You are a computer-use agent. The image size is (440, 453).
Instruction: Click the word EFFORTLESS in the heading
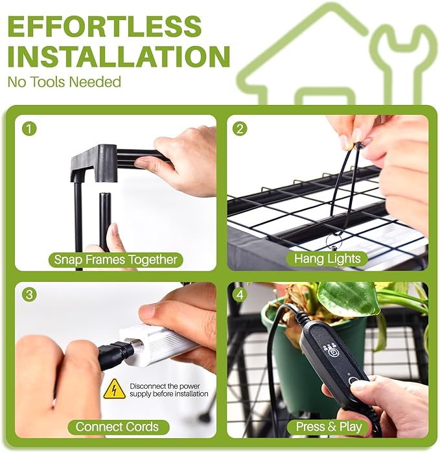[104, 26]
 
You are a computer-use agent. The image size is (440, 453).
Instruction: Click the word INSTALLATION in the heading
[119, 56]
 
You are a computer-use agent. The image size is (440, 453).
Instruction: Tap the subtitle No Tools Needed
[64, 82]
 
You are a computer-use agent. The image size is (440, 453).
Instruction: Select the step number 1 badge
[29, 128]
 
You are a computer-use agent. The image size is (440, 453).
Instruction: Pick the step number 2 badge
[240, 128]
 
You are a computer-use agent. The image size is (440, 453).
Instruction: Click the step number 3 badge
[29, 295]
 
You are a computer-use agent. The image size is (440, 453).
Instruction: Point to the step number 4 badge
[240, 295]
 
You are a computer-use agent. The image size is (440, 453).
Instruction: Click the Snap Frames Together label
[115, 259]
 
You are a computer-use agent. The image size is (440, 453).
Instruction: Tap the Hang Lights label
[327, 259]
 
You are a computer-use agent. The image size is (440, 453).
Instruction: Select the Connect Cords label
[117, 426]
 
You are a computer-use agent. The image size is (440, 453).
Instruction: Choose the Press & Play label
[329, 426]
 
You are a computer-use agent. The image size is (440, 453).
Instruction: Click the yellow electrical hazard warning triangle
[115, 389]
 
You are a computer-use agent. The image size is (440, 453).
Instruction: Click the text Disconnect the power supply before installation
[168, 390]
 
